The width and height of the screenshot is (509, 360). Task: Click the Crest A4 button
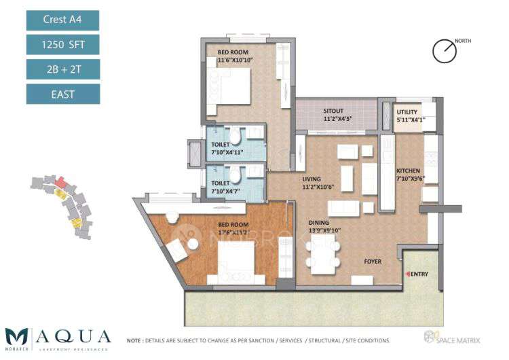point(63,20)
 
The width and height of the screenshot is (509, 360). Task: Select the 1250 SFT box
point(63,45)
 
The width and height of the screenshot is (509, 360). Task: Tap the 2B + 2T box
point(63,69)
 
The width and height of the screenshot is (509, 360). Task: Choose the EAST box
point(63,94)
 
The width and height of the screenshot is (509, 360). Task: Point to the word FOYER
point(373,261)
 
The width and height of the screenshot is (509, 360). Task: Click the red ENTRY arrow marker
point(407,273)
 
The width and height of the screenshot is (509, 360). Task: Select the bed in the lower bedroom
point(237,262)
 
